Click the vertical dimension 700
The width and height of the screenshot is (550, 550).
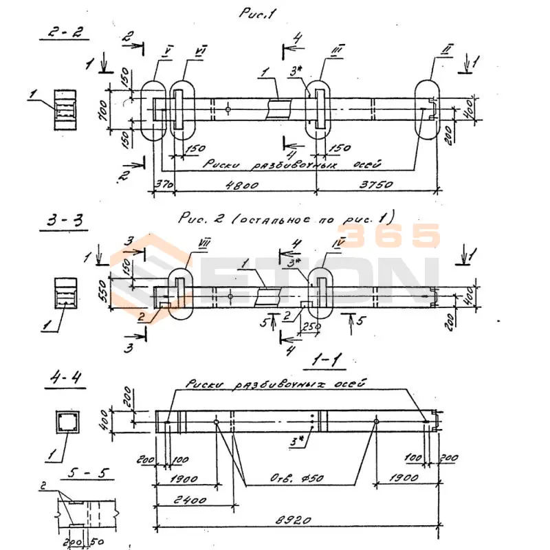102,107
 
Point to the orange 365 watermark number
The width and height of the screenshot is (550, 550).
391,236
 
